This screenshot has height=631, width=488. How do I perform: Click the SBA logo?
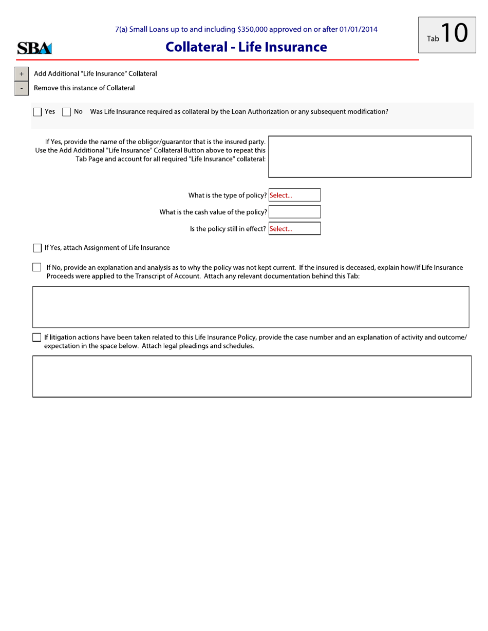34,49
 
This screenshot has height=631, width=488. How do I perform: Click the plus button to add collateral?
21,74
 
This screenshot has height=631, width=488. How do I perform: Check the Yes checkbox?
37,112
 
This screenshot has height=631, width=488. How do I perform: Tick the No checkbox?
66,112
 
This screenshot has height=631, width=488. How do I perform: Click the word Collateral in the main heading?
197,47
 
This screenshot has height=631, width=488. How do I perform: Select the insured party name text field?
370,156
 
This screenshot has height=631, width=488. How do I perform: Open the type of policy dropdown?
294,195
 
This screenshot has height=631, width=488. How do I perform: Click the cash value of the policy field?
294,212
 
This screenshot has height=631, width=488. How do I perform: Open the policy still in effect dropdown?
294,229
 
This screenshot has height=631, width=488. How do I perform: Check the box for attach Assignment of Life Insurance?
37,249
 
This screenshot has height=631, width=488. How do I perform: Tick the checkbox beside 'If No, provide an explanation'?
37,267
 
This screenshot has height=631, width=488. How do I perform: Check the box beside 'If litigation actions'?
37,337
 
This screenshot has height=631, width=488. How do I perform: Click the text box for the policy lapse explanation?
251,307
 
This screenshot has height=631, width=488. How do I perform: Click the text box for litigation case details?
252,376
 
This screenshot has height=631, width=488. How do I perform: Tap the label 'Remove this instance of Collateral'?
84,88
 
